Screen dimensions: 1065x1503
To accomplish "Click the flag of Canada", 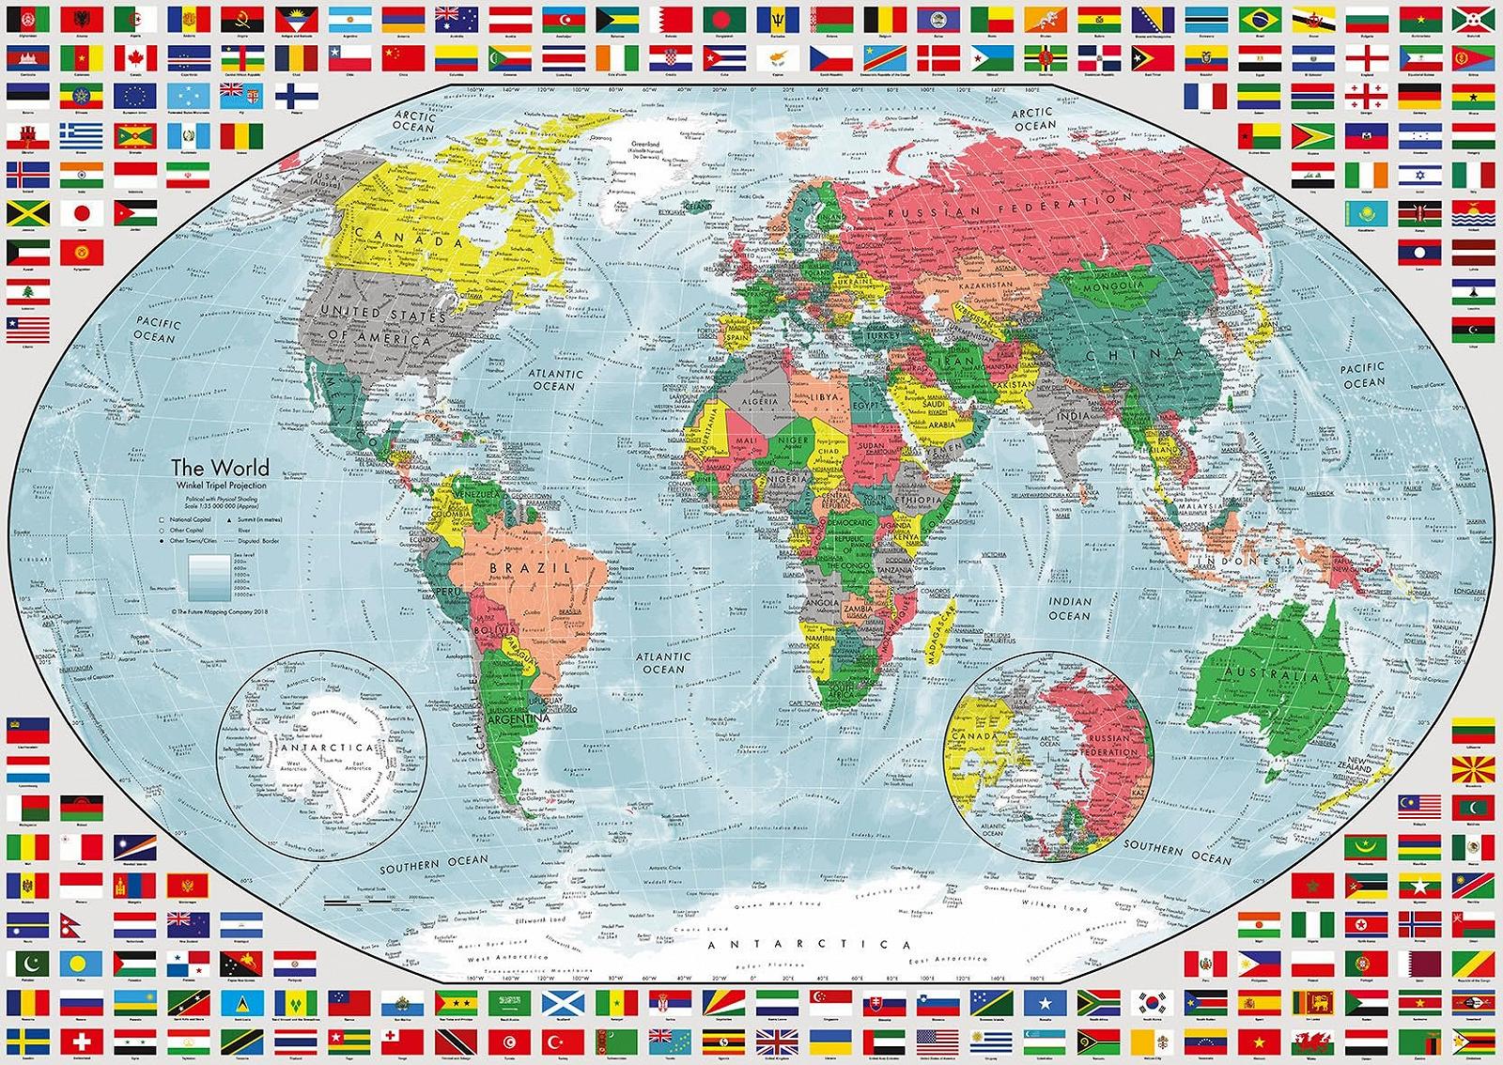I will click(x=134, y=58).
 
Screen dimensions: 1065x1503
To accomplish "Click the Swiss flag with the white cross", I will click(x=82, y=1040).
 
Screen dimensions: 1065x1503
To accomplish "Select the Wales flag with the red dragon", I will click(x=1310, y=1041).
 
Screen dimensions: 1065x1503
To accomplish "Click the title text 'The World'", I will click(x=219, y=467).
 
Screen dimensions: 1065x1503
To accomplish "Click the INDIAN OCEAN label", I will click(x=1070, y=609).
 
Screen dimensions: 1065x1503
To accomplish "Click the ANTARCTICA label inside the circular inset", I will click(x=325, y=749).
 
